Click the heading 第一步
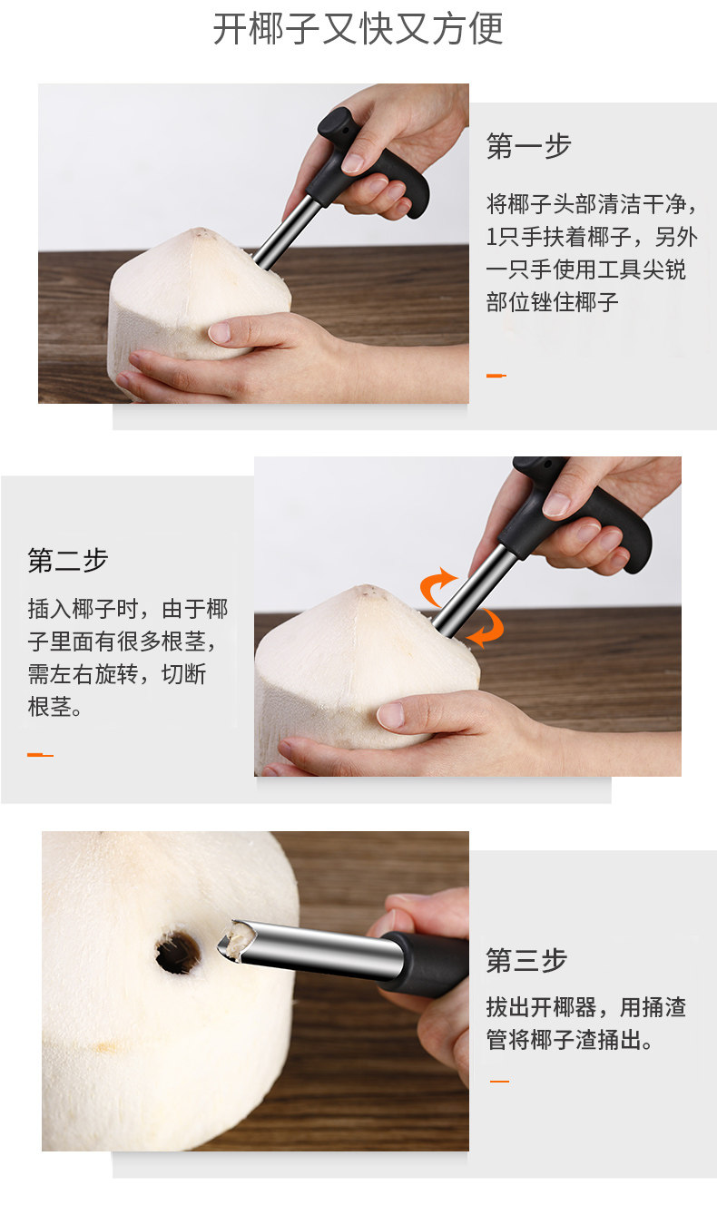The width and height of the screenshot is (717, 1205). [528, 146]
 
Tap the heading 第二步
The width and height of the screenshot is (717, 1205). [68, 560]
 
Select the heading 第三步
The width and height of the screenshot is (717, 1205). [526, 960]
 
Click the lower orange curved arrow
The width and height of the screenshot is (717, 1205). [488, 627]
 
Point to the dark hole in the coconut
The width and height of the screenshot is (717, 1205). [178, 955]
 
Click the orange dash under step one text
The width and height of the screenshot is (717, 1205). [496, 376]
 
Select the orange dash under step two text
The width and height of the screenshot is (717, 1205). [40, 755]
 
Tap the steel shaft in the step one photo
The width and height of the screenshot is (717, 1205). [282, 234]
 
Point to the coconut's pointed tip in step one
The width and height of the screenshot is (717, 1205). [201, 232]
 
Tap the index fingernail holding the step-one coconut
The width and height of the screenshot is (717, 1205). [220, 332]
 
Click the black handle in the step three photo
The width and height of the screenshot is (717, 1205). [425, 964]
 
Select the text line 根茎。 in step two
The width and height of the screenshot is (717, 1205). [54, 707]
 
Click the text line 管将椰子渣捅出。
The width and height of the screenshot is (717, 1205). [570, 1040]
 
